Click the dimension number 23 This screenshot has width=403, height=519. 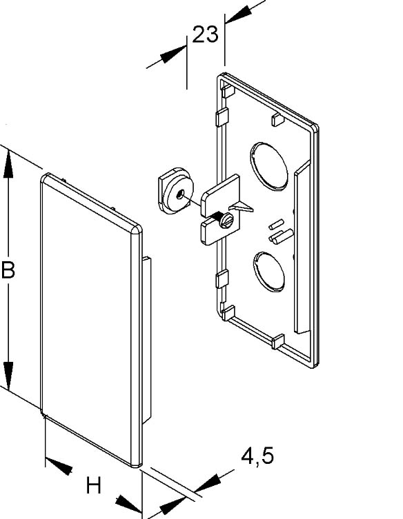click(x=205, y=34)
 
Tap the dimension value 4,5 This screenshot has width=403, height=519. click(x=257, y=456)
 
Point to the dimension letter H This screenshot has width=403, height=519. click(x=93, y=487)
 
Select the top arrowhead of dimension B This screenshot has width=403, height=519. click(x=8, y=163)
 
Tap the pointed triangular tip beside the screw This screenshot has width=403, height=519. click(x=244, y=207)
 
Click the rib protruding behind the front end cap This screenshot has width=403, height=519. click(x=146, y=338)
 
